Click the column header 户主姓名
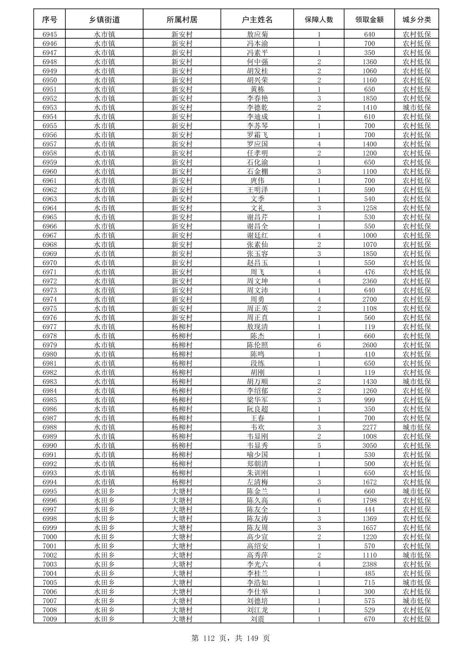257,20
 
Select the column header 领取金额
369,20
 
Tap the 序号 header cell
49,20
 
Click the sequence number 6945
49,34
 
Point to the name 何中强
257,62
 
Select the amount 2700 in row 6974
369,299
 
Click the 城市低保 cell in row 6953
416,108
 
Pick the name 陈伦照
257,345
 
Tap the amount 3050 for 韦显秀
369,446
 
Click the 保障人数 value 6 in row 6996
319,500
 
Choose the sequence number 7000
49,537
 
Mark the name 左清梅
257,482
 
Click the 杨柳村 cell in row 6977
182,327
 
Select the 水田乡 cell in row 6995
104,491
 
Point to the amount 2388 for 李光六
369,564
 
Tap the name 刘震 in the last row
257,619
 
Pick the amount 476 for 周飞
369,272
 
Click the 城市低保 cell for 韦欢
416,427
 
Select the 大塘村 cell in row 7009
182,619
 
